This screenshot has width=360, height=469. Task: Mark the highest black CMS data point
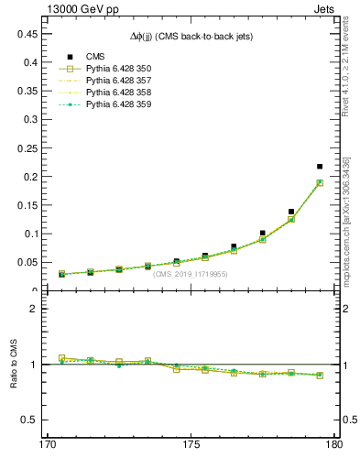coord(320,167)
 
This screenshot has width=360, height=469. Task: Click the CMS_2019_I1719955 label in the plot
coord(191,274)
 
